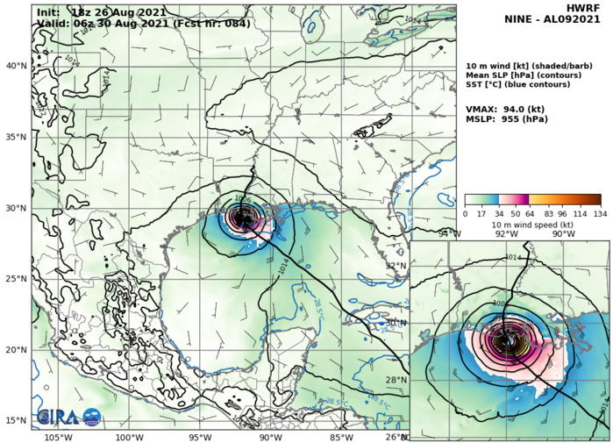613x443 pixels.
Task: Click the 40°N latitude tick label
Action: coord(16,66)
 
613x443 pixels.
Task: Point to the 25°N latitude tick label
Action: coord(16,279)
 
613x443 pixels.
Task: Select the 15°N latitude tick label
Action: coord(16,420)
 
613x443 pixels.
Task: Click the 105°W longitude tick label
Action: coord(58,436)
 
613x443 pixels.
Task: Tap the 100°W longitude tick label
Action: coord(129,436)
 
